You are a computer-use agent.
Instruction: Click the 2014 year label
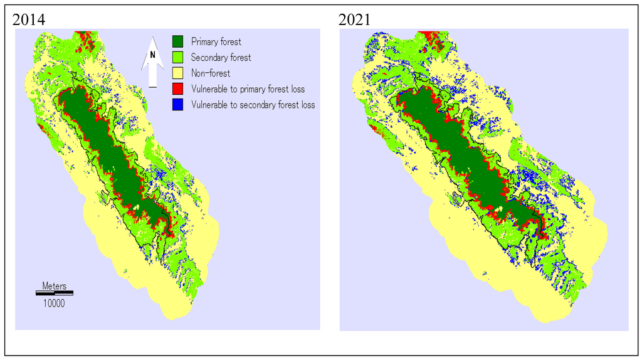click(x=29, y=19)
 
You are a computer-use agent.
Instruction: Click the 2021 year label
click(x=354, y=19)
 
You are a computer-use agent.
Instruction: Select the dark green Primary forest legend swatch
click(x=180, y=42)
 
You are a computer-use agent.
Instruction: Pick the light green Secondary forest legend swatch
click(x=180, y=58)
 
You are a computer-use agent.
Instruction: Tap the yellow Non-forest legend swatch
click(x=180, y=73)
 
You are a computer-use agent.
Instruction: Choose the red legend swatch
click(x=180, y=89)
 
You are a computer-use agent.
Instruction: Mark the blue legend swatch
click(x=180, y=105)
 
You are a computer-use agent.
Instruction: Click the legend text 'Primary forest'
click(x=216, y=42)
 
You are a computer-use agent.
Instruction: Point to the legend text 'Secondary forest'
click(x=221, y=58)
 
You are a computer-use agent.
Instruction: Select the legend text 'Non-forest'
click(x=211, y=73)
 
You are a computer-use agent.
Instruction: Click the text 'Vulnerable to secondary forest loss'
click(x=253, y=105)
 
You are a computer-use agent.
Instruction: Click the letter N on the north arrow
click(x=152, y=55)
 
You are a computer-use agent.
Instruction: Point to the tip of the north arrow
click(x=152, y=37)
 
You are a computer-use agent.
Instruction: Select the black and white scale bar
click(x=54, y=293)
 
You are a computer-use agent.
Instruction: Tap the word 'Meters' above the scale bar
click(x=54, y=286)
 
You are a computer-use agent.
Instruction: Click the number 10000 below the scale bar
click(x=54, y=303)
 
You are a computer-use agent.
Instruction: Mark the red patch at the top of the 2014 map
click(x=87, y=39)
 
